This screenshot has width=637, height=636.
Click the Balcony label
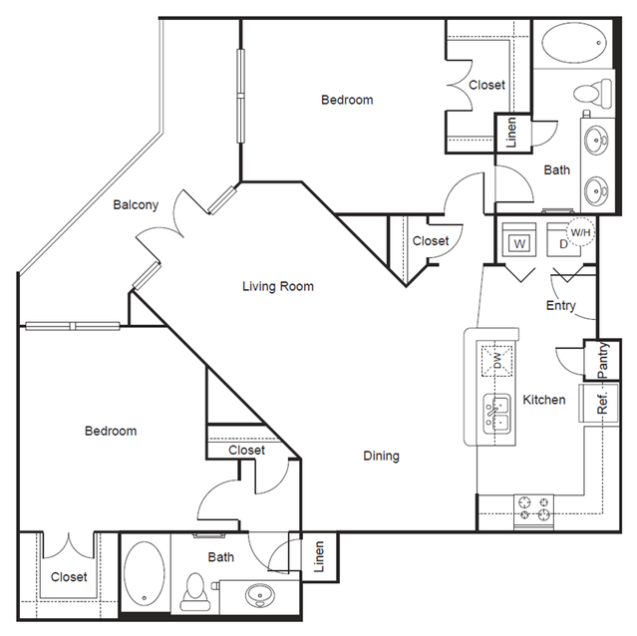pos(136,204)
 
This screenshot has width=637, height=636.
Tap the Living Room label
pos(278,286)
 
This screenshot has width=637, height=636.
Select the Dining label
pos(381,456)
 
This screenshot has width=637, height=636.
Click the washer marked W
pos(518,239)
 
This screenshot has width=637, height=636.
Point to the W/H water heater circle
pos(580,232)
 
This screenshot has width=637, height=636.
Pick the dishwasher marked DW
pos(496,361)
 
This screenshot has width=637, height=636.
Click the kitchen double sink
pos(496,415)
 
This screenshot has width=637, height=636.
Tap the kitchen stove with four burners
pos(533,511)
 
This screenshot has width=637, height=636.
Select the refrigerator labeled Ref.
pos(599,404)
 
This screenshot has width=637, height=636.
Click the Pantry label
pos(603,360)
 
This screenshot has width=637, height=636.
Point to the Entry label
pos(560,305)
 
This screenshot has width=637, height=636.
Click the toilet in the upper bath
pos(593,94)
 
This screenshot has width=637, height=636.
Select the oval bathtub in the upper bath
pos(574,43)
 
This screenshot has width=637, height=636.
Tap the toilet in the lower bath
pos(195,591)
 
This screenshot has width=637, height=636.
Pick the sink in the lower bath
pos(260,595)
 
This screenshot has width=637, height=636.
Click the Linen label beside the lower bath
pos(319,556)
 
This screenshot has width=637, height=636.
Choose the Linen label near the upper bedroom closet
pos(511,133)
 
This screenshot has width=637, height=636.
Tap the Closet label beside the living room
pos(431,241)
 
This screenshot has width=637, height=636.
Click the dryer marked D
pos(563,239)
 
